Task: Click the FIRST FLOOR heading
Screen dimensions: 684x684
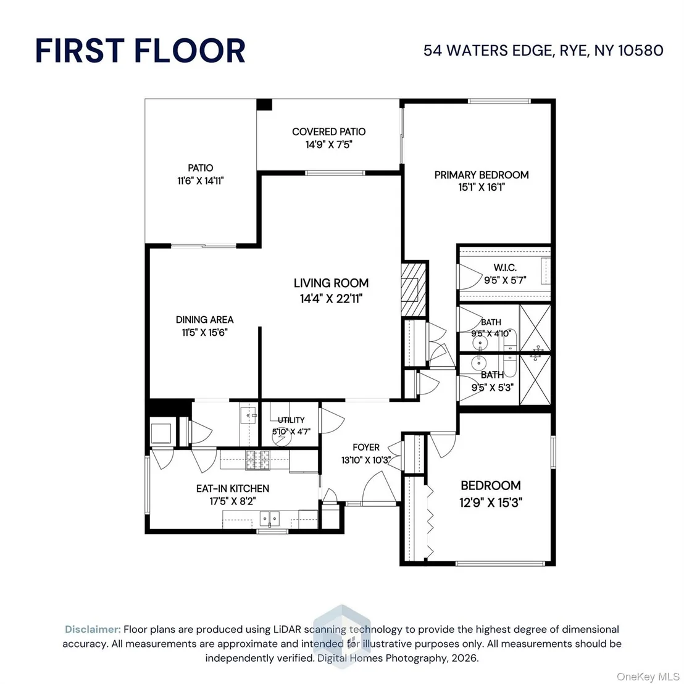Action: click(x=140, y=51)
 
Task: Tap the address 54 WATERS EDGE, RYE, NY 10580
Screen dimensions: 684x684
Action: click(x=543, y=51)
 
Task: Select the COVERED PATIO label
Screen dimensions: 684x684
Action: click(x=329, y=131)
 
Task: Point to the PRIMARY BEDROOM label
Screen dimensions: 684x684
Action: click(x=482, y=175)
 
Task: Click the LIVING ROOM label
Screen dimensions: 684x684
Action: click(x=331, y=283)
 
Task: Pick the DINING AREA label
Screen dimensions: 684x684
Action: click(x=204, y=320)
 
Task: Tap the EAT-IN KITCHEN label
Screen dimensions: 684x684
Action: click(x=233, y=488)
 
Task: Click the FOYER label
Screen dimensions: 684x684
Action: click(x=366, y=447)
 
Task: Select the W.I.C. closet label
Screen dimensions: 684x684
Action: click(x=505, y=267)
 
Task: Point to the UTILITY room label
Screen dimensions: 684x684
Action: click(x=291, y=420)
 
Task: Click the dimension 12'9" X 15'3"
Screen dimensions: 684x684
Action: click(x=491, y=503)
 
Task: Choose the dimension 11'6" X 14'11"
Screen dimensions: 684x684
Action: click(x=200, y=181)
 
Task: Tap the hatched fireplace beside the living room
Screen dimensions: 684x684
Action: click(x=414, y=289)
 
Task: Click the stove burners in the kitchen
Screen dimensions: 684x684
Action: click(x=257, y=460)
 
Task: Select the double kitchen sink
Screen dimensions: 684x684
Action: click(x=270, y=519)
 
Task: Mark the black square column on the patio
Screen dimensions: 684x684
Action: click(x=264, y=105)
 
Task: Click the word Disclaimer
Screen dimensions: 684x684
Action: click(x=93, y=630)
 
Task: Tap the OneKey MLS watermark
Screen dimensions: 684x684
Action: click(x=648, y=677)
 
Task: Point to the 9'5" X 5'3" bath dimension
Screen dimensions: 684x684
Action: click(x=493, y=387)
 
